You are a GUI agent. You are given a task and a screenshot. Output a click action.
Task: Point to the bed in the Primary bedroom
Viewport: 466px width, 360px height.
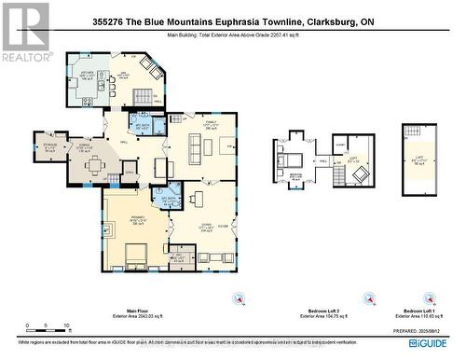tap(131, 252)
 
